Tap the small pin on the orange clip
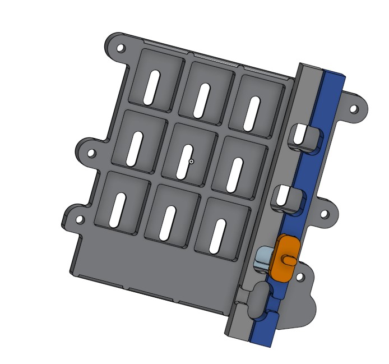tap(289, 259)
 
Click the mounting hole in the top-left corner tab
tap(121, 48)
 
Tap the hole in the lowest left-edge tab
tap(80, 220)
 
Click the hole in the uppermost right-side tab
tap(354, 109)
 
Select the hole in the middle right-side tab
tap(323, 214)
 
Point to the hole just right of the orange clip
tap(300, 277)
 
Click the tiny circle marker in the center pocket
tap(192, 162)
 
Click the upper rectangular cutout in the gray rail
tap(302, 135)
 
